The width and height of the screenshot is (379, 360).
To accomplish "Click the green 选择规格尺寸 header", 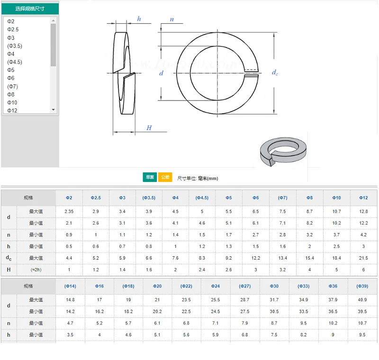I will pyautogui.click(x=30, y=9).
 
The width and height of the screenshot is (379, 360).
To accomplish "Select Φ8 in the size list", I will pyautogui.click(x=11, y=94).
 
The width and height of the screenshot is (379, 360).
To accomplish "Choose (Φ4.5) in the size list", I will pyautogui.click(x=15, y=62).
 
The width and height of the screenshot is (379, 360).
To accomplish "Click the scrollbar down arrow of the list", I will pyautogui.click(x=53, y=109).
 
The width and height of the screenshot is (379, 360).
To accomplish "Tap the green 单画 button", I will pyautogui.click(x=150, y=177).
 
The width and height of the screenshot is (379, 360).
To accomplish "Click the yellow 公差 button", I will pyautogui.click(x=165, y=177).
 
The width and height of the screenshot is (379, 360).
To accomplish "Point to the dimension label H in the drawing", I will pyautogui.click(x=149, y=128).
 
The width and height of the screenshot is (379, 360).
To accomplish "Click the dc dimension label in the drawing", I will pyautogui.click(x=275, y=72).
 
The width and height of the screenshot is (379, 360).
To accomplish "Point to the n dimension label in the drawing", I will pyautogui.click(x=171, y=19).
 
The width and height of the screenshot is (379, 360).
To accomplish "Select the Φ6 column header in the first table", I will pyautogui.click(x=255, y=198).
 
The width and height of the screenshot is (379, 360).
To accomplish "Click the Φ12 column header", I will pyautogui.click(x=363, y=198).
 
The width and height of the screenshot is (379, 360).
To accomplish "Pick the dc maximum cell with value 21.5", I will pyautogui.click(x=363, y=258).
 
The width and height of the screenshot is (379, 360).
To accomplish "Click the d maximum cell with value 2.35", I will pyautogui.click(x=69, y=211).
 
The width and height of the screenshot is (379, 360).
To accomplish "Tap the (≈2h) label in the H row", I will pyautogui.click(x=36, y=270).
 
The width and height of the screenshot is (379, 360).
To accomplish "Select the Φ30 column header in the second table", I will pyautogui.click(x=274, y=286).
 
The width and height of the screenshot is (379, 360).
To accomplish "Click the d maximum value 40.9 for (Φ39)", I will pyautogui.click(x=362, y=300).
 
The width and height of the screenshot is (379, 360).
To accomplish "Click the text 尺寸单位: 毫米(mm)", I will pyautogui.click(x=198, y=178).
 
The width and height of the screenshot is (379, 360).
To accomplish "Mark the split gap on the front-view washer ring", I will pyautogui.click(x=251, y=72).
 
